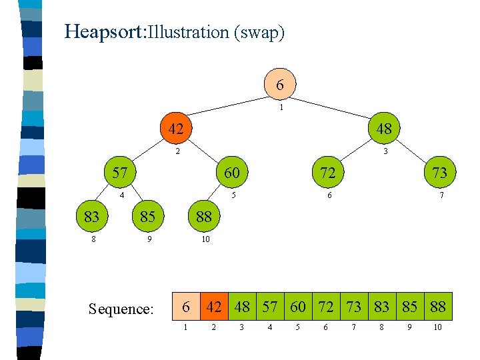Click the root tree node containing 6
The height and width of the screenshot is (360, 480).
(x=280, y=85)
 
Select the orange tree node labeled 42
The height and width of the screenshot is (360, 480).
(x=175, y=129)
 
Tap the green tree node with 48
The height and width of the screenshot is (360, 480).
(x=383, y=129)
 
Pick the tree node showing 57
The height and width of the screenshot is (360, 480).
(x=120, y=173)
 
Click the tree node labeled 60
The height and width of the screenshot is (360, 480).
(x=231, y=173)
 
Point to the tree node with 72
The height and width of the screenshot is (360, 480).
(x=327, y=173)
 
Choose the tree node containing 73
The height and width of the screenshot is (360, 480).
(x=439, y=173)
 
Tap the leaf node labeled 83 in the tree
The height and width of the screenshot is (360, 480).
(x=92, y=216)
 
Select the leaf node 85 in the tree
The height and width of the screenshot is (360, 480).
(x=147, y=216)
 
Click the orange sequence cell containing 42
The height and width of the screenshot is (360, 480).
(x=214, y=307)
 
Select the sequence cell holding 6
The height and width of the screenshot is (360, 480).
(x=187, y=307)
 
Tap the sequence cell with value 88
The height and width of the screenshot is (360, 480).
(x=438, y=307)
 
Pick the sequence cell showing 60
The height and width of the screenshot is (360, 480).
(x=298, y=307)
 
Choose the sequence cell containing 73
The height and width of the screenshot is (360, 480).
(x=354, y=307)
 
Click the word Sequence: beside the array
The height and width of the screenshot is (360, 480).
(x=121, y=309)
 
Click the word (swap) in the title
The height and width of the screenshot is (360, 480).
(x=259, y=32)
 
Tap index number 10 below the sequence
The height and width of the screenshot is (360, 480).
(x=437, y=327)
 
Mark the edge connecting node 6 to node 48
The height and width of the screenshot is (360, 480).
(x=333, y=107)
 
